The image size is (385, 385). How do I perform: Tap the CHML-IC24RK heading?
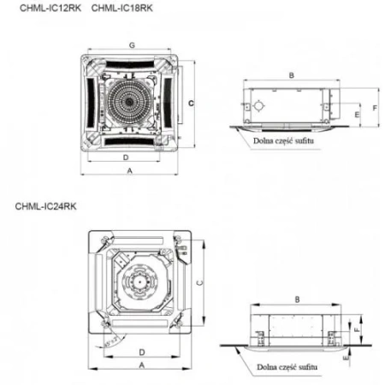pos(44,206)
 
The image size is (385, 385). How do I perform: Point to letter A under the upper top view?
pos(129,171)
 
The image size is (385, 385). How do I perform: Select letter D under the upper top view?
pos(125,158)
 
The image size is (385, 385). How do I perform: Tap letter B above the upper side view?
pos(292,76)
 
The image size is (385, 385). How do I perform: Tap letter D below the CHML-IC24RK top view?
pos(139,351)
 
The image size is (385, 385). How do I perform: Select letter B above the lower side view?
pos(296,299)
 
